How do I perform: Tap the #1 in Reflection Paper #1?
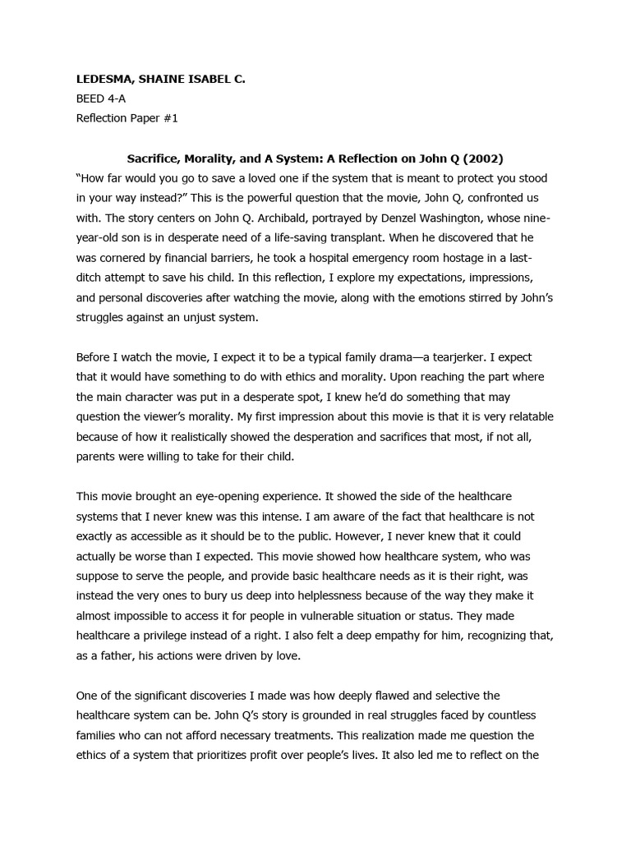tap(169, 117)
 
